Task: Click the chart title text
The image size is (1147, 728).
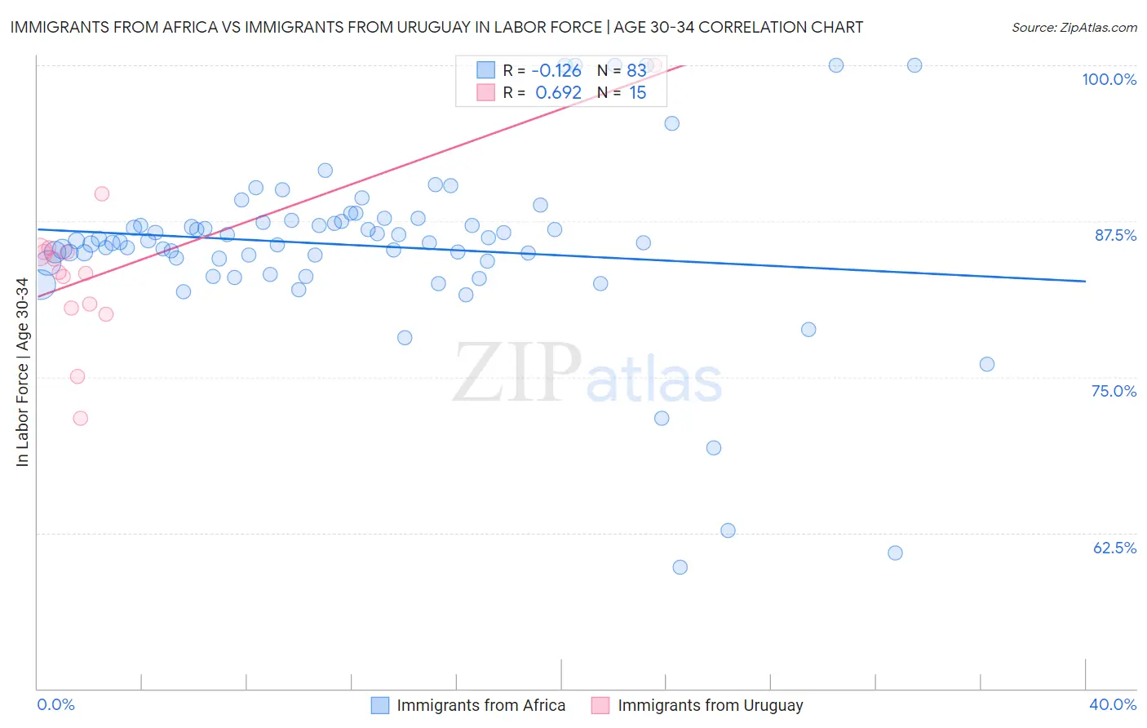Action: point(436,27)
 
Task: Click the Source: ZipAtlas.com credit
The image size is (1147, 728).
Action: point(1074,27)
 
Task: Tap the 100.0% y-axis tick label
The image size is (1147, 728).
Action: point(1109,79)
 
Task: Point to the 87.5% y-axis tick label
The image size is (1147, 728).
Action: point(1114,235)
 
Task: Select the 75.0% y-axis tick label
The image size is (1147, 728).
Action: point(1114,391)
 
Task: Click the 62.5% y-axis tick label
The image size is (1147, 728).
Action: point(1114,548)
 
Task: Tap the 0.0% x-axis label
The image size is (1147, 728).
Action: point(55,704)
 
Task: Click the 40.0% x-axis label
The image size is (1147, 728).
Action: point(1112,704)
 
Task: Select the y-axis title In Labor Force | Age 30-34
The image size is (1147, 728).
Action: point(22,372)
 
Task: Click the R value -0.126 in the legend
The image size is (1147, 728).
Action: point(556,71)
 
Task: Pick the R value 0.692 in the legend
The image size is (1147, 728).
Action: point(558,93)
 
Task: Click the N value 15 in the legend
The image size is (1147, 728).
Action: point(637,93)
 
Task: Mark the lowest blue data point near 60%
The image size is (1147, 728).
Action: point(680,567)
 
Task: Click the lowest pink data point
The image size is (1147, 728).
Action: point(80,418)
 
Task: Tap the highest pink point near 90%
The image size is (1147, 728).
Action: point(102,193)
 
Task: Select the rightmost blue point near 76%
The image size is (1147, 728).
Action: point(986,364)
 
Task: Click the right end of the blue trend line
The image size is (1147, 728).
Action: point(1085,281)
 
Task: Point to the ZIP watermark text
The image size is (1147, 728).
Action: point(517,372)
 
